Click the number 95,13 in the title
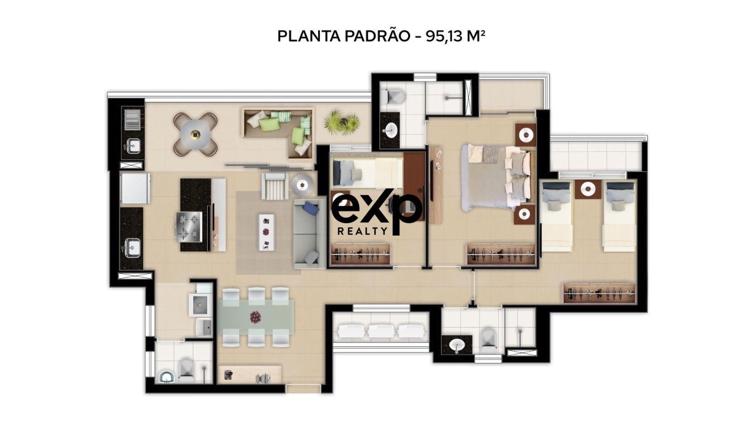(444, 37)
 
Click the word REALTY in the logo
(362, 231)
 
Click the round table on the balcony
(195, 134)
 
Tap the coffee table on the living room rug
(266, 232)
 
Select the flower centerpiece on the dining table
(256, 317)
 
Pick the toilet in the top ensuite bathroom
(395, 96)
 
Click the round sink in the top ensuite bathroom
(391, 130)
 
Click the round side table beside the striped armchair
(303, 185)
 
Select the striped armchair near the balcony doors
(275, 185)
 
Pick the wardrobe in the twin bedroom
(600, 293)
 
